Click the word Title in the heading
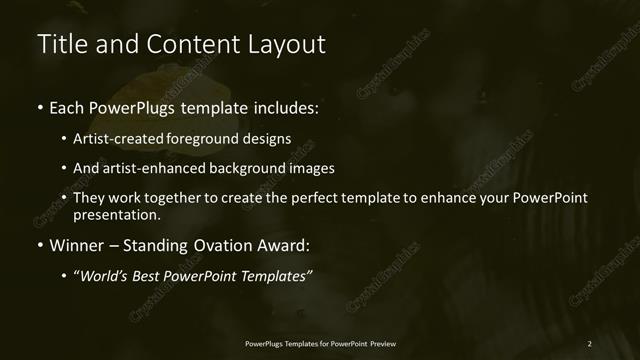60,44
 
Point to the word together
183,198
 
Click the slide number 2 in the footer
589,343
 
